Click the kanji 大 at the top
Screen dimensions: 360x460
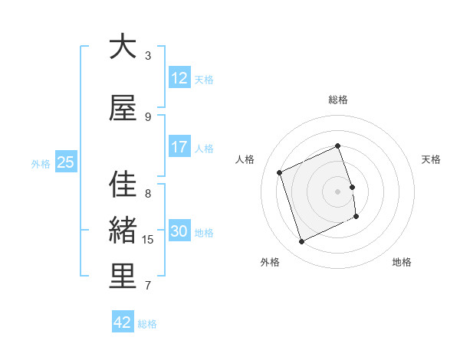tap(123, 47)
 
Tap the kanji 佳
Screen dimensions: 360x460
tap(123, 185)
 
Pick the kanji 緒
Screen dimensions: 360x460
tap(123, 231)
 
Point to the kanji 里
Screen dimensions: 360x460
tap(123, 277)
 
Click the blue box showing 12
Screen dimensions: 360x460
tap(179, 78)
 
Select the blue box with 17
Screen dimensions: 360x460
tap(179, 147)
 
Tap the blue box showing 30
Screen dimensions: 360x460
tap(179, 231)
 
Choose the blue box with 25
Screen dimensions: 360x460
tap(65, 162)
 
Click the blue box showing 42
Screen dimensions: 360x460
tap(123, 322)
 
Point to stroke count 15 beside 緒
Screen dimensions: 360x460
tap(148, 240)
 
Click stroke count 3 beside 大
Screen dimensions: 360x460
tap(148, 56)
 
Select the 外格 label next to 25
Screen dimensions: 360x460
tap(41, 163)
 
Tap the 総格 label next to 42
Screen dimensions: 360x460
tap(147, 324)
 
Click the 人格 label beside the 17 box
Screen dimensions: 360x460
tap(204, 149)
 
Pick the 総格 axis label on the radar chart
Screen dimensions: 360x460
tap(338, 100)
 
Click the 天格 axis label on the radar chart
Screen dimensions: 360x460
tap(432, 159)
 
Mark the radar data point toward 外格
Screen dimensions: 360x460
tap(301, 242)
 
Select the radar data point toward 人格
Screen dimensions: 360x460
tap(280, 172)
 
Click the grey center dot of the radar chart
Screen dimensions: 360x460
tap(338, 191)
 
